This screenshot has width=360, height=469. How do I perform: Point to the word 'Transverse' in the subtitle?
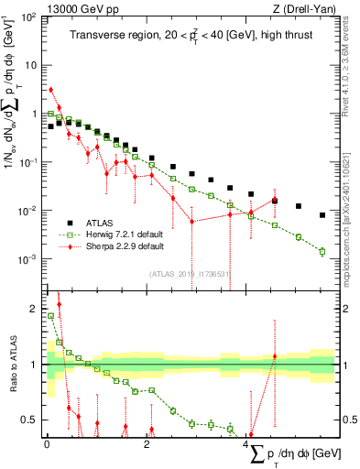[x=96, y=36]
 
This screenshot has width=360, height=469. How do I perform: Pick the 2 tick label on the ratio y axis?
[x=33, y=308]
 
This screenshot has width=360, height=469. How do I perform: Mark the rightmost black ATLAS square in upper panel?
[x=322, y=215]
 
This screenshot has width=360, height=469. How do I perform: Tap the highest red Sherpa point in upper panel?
[x=51, y=90]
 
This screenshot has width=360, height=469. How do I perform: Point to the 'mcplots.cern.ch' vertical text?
[x=352, y=238]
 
